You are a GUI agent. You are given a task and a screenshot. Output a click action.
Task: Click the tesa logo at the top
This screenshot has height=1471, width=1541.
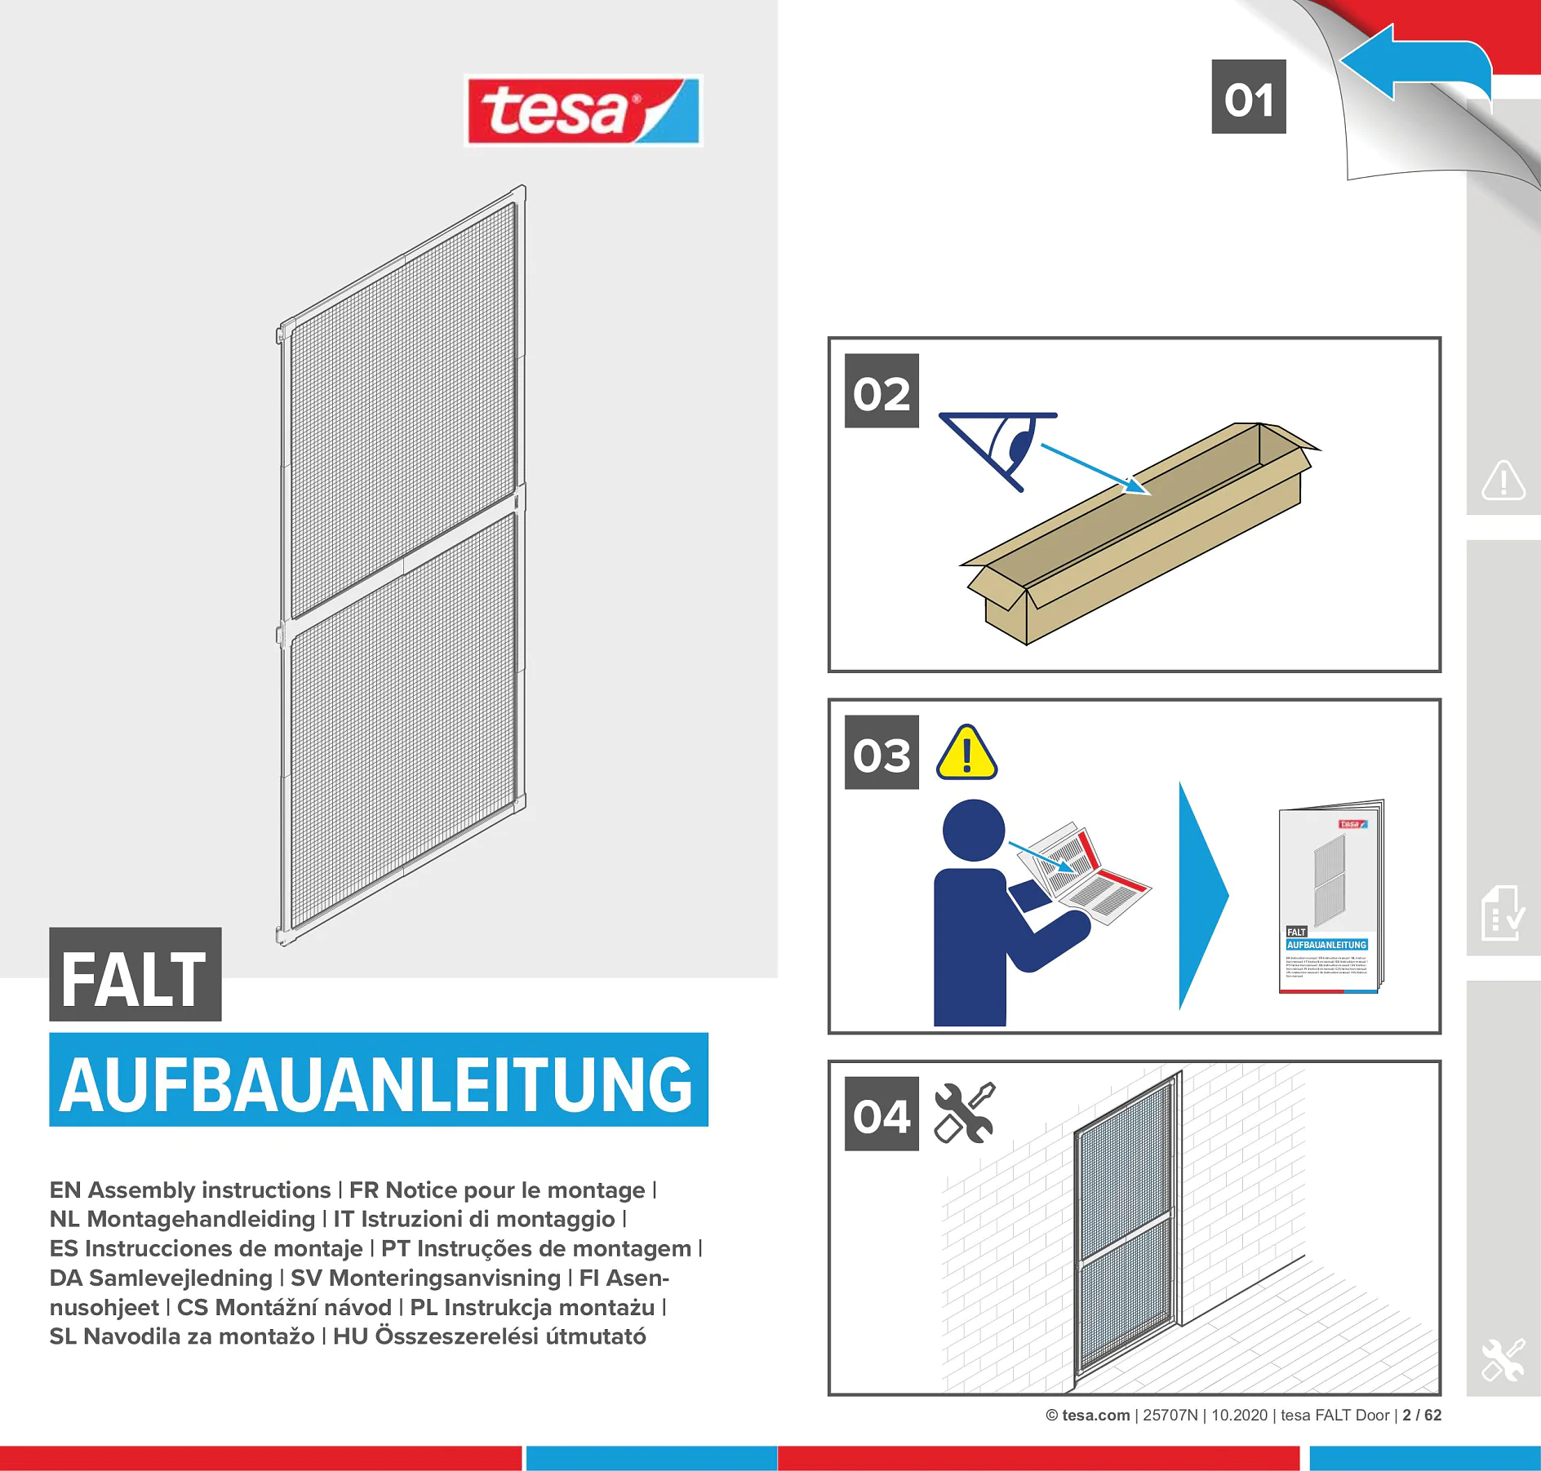(x=583, y=111)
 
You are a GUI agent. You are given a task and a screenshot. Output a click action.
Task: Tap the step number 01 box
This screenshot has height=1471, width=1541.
(x=1248, y=97)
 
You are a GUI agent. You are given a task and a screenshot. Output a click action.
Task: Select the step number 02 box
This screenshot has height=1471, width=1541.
(x=881, y=391)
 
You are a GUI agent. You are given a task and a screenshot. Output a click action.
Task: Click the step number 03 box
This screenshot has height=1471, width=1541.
(x=881, y=752)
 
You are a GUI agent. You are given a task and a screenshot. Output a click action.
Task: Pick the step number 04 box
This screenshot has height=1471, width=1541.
(x=881, y=1114)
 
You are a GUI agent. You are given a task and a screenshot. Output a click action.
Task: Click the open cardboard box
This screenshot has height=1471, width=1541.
(x=1139, y=534)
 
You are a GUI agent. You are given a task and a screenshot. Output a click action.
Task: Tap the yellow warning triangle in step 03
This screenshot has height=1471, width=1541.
(x=966, y=754)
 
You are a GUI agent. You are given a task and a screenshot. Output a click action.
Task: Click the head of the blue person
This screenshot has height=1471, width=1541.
(x=973, y=830)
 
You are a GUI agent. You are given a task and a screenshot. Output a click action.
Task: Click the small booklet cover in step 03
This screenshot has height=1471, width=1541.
(x=1330, y=896)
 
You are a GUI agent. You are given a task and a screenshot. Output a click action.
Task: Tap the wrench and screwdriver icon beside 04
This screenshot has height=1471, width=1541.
(x=964, y=1113)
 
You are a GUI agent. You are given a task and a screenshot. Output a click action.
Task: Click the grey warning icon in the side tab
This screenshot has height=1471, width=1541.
(x=1503, y=480)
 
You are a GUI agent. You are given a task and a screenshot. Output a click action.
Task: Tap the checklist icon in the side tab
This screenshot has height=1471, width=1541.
(x=1502, y=913)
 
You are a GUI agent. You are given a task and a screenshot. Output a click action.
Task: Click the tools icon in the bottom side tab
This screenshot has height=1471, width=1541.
(x=1503, y=1360)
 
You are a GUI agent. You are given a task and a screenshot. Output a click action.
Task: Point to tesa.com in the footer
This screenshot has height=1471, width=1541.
(x=1095, y=1416)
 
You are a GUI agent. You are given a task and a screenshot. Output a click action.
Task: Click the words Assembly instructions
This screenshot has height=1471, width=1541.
(x=209, y=1190)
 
